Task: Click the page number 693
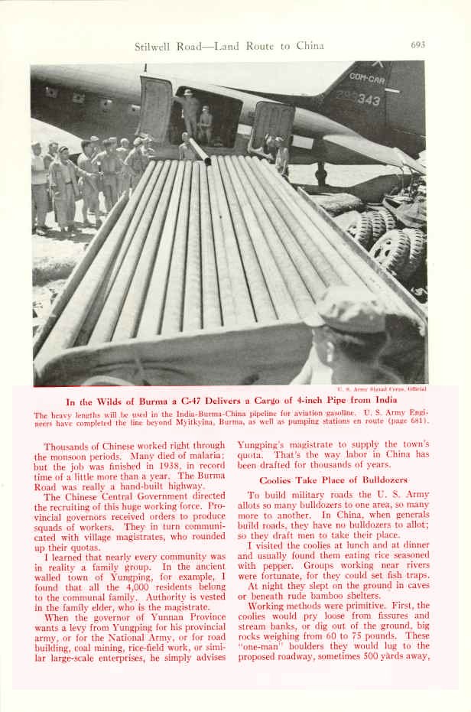[417, 45]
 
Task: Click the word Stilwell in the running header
[154, 46]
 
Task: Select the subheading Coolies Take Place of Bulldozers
[322, 480]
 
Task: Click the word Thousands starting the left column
[68, 447]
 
